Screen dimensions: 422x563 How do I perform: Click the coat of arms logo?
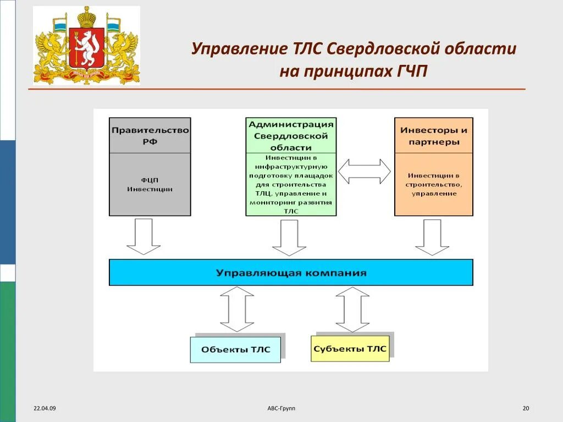click(x=86, y=46)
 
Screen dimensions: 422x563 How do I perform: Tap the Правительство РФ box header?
click(x=150, y=135)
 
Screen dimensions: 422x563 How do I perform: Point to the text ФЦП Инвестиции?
click(x=150, y=184)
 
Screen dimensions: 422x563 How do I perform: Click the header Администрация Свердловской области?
click(x=291, y=135)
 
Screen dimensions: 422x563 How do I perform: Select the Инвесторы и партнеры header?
click(x=434, y=135)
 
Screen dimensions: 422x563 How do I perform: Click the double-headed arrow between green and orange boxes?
click(x=365, y=171)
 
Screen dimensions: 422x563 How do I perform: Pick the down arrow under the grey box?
click(x=143, y=236)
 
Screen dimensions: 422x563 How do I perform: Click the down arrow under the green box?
click(x=288, y=237)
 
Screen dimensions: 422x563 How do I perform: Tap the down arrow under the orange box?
click(x=432, y=237)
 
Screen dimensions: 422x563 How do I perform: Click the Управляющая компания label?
click(x=291, y=273)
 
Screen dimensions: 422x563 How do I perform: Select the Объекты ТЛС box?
click(x=235, y=349)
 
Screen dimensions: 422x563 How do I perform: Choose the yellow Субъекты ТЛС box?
click(x=350, y=348)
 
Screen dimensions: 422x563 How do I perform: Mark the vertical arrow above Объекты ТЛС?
click(x=236, y=309)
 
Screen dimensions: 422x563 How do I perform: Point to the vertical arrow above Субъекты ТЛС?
click(x=352, y=309)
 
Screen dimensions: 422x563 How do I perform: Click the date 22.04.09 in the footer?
click(x=45, y=408)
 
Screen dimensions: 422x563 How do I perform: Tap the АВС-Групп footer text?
click(x=281, y=408)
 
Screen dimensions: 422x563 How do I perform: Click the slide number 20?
click(x=526, y=408)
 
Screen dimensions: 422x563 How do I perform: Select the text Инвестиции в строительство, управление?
click(x=434, y=184)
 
